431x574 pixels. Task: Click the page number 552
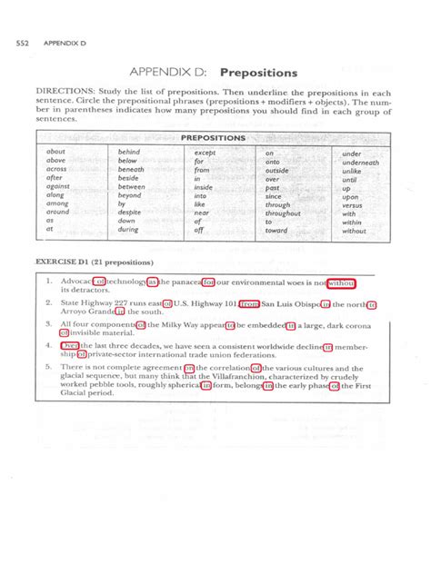(19, 42)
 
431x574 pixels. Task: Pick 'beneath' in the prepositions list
(131, 170)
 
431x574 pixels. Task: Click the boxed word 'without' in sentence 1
(340, 282)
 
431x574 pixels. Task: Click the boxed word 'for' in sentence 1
(208, 282)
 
